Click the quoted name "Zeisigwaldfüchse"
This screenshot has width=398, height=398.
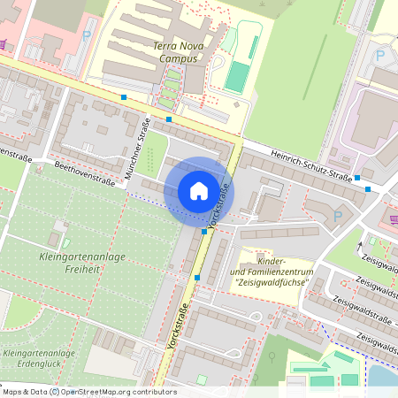coord(271,282)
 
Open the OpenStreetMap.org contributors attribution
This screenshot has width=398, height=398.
coord(119,392)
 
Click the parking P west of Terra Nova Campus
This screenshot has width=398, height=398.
coord(86,37)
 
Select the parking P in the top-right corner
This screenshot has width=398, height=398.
coord(380,55)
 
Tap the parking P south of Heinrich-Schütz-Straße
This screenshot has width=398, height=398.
coord(335,217)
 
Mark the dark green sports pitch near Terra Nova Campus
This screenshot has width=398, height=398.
coord(234,77)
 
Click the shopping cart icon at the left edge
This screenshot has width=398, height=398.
coord(4,44)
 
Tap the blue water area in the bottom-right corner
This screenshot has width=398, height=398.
coord(382,376)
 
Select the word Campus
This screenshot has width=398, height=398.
coord(177,58)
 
